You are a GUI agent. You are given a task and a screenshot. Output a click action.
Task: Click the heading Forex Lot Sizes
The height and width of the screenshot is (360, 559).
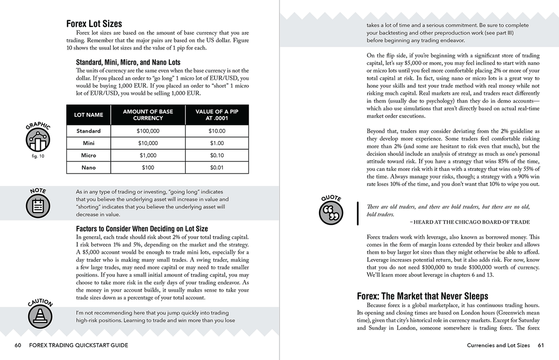tap(94, 23)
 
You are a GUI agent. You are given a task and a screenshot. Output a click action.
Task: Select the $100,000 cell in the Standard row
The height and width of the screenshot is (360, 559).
tap(148, 131)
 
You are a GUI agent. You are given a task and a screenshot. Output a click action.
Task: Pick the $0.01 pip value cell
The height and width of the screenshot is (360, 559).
tap(217, 168)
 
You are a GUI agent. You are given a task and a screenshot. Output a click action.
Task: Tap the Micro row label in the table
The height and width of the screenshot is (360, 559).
tap(89, 155)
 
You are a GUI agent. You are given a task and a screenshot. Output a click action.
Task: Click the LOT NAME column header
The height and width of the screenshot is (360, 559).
tap(89, 114)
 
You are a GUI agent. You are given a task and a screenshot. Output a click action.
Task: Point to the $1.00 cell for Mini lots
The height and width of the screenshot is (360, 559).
tap(217, 143)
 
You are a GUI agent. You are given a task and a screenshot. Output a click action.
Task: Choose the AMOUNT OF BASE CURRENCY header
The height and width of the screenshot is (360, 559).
tap(148, 114)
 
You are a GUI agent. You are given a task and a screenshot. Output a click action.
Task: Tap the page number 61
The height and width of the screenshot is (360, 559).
tap(541, 345)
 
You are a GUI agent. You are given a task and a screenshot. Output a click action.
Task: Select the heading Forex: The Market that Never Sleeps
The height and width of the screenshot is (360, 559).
tap(422, 296)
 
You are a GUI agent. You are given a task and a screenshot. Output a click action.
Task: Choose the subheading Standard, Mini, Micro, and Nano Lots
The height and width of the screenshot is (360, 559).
tap(128, 62)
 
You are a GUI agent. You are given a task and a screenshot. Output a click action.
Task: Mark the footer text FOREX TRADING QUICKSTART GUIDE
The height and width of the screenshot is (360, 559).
tap(79, 345)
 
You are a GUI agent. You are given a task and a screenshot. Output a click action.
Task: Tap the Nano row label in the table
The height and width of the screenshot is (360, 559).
tap(89, 168)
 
